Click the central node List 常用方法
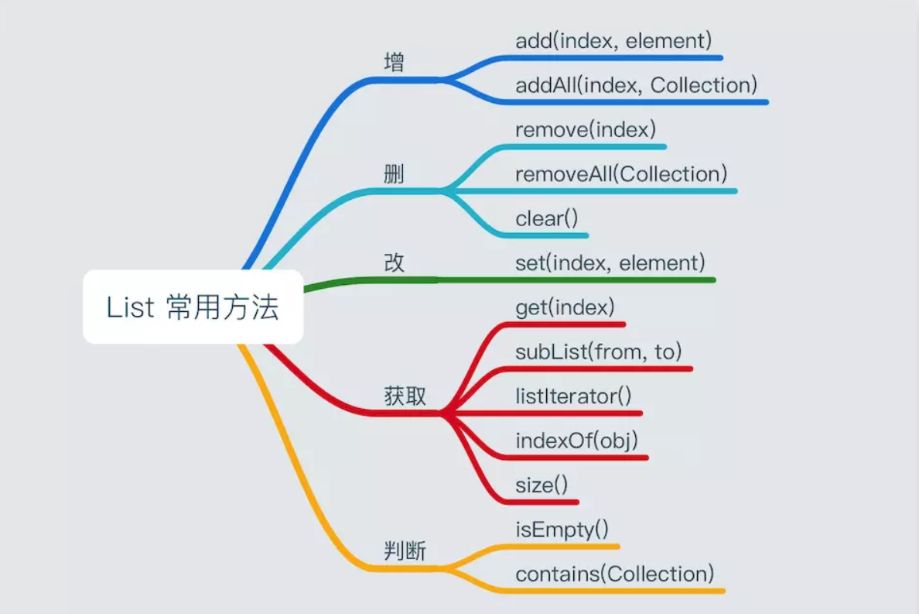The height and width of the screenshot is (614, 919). pyautogui.click(x=193, y=307)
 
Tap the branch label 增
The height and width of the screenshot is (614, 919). pyautogui.click(x=395, y=63)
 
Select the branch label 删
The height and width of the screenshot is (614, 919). pyautogui.click(x=395, y=175)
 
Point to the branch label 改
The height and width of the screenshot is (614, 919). pyautogui.click(x=395, y=263)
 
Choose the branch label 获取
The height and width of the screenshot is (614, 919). pyautogui.click(x=405, y=396)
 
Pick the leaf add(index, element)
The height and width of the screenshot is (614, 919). pyautogui.click(x=613, y=40)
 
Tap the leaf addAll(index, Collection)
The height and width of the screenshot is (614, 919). pyautogui.click(x=636, y=85)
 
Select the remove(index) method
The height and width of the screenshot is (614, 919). pyautogui.click(x=586, y=130)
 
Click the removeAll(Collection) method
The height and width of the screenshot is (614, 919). pyautogui.click(x=621, y=174)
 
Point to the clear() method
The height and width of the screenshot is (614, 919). pyautogui.click(x=547, y=219)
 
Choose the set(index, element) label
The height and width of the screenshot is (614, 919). pyautogui.click(x=610, y=263)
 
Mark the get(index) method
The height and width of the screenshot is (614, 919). pyautogui.click(x=565, y=307)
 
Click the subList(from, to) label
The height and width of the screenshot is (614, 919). pyautogui.click(x=599, y=352)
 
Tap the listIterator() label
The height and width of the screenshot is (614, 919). pyautogui.click(x=573, y=396)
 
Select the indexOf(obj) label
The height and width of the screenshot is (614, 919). pyautogui.click(x=576, y=441)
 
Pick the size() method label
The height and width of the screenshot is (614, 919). pyautogui.click(x=541, y=485)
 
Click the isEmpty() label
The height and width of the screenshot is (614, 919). pyautogui.click(x=562, y=530)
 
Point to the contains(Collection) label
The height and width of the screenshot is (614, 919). pyautogui.click(x=615, y=575)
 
